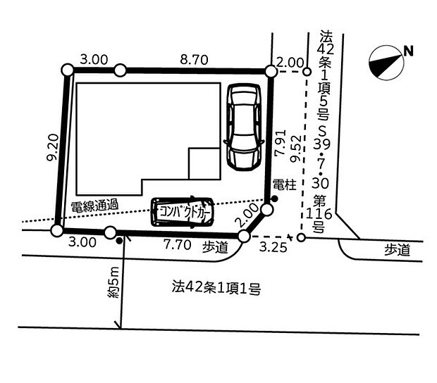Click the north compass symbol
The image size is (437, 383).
tap(386, 61)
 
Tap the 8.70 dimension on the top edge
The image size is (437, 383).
tap(194, 61)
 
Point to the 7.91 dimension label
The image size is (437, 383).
tap(280, 144)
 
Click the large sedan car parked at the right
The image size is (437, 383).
tap(242, 127)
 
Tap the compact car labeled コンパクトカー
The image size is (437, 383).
tap(182, 211)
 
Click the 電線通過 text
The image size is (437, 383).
tap(94, 206)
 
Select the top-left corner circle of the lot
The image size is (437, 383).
tap(68, 70)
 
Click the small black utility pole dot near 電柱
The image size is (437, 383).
tap(274, 199)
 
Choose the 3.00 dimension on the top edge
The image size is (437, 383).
tap(94, 61)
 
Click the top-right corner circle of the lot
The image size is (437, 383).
tap(270, 70)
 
